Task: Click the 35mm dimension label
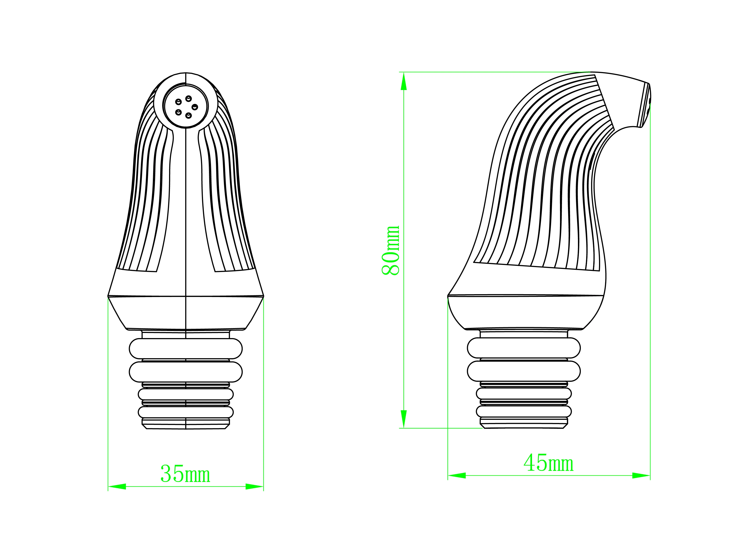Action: click(185, 474)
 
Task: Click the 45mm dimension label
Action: click(548, 463)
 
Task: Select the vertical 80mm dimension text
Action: click(390, 250)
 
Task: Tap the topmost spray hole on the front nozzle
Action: click(189, 98)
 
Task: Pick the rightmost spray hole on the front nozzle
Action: click(195, 107)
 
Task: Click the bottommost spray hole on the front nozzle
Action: click(189, 115)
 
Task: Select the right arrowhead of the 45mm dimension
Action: click(641, 476)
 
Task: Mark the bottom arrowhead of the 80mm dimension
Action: click(404, 419)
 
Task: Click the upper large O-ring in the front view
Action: click(185, 348)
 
